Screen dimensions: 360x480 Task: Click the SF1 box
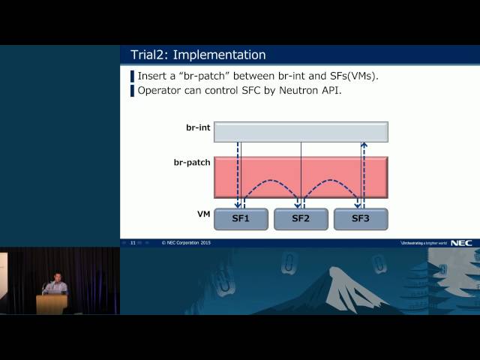(241, 219)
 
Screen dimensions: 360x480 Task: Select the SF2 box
(301, 219)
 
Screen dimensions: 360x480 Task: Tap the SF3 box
(361, 219)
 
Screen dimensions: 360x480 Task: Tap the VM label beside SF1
(203, 214)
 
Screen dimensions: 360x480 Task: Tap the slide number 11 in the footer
(133, 243)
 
